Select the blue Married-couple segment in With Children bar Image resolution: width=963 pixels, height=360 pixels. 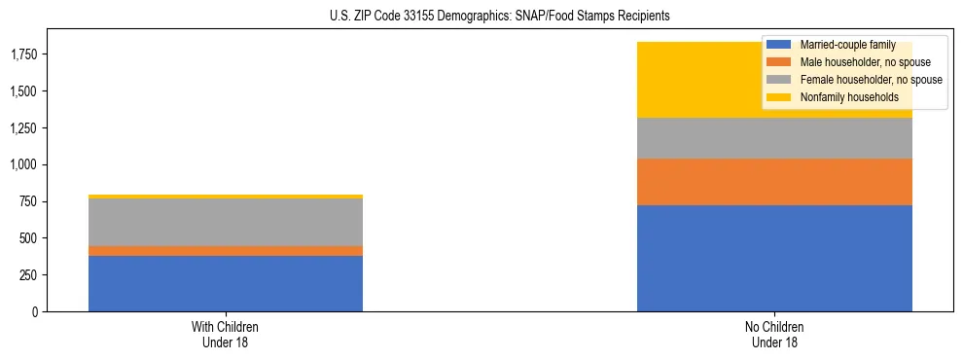coord(226,283)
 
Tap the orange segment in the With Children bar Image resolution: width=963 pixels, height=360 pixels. coord(226,251)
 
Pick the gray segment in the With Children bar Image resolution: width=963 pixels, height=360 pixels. coord(226,222)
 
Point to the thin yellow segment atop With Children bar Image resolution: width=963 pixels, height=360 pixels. coord(226,197)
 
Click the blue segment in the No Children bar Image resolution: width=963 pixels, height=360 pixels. coord(774,258)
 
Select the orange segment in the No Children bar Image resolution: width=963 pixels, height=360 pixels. coord(774,182)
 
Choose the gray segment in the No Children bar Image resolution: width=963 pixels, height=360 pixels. coord(774,138)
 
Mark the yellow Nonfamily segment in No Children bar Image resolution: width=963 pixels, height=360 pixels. coord(700,80)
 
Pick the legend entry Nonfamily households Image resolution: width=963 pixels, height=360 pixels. coord(842,97)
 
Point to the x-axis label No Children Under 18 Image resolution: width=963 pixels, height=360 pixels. coord(774,334)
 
